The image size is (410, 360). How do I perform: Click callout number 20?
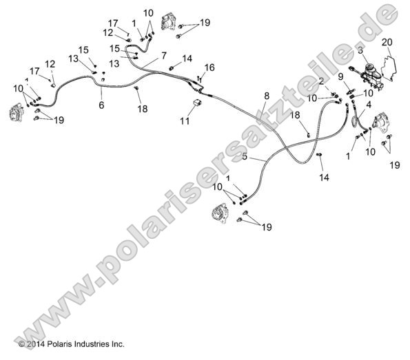coord(387,42)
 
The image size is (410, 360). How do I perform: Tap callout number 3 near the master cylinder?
coord(360,50)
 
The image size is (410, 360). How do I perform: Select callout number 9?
coord(340,76)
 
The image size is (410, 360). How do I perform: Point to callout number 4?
coord(369,105)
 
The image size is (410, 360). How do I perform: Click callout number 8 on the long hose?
coord(267,96)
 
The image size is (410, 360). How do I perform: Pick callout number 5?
coord(245,156)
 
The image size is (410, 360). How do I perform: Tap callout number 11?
coord(185,121)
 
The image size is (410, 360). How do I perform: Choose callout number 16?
coord(209,67)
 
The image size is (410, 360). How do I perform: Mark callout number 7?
coord(164,56)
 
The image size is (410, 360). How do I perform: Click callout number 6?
coord(101,105)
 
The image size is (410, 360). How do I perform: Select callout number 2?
coord(322,81)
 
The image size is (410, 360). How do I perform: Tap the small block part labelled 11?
coord(197,102)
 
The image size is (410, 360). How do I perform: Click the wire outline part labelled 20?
coord(388,67)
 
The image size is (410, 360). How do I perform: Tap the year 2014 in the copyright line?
coord(36,344)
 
